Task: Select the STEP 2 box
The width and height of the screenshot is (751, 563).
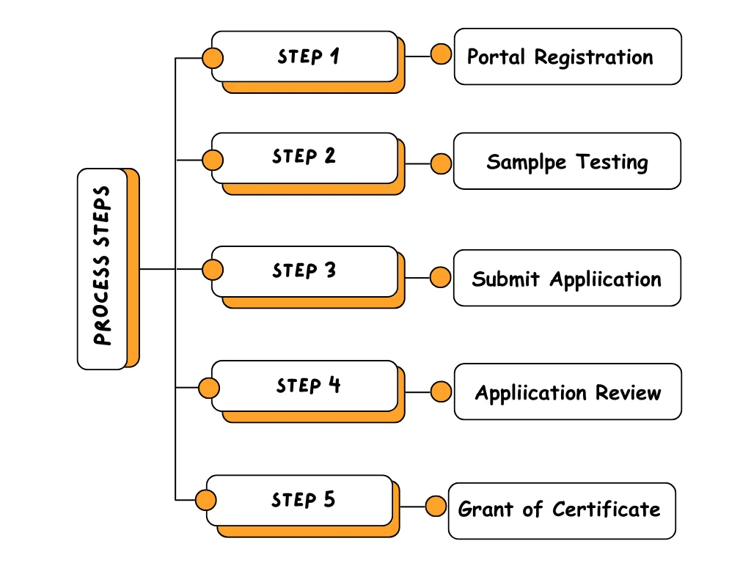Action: tap(305, 158)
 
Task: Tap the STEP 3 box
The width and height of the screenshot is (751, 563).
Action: tap(305, 271)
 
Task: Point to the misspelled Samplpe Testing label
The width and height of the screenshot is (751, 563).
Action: tap(567, 161)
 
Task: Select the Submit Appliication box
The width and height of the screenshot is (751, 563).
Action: tap(567, 279)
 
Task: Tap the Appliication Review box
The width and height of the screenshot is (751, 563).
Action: tap(567, 392)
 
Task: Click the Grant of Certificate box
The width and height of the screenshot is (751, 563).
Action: tap(561, 510)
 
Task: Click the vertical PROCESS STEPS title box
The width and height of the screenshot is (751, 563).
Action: tap(103, 268)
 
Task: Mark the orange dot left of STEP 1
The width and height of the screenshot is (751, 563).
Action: tap(213, 58)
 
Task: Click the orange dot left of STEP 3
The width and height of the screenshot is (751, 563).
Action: tap(213, 270)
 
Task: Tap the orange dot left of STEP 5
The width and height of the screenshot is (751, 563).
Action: tap(206, 501)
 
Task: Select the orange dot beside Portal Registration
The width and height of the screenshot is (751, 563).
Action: tap(441, 54)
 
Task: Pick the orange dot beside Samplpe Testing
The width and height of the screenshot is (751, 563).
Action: tap(441, 163)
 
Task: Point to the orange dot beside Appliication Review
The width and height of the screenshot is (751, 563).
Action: tap(441, 392)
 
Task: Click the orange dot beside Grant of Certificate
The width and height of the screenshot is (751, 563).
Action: tap(436, 507)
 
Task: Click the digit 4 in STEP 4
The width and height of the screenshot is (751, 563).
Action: tap(334, 385)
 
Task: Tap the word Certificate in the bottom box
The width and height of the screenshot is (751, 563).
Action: tap(606, 509)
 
